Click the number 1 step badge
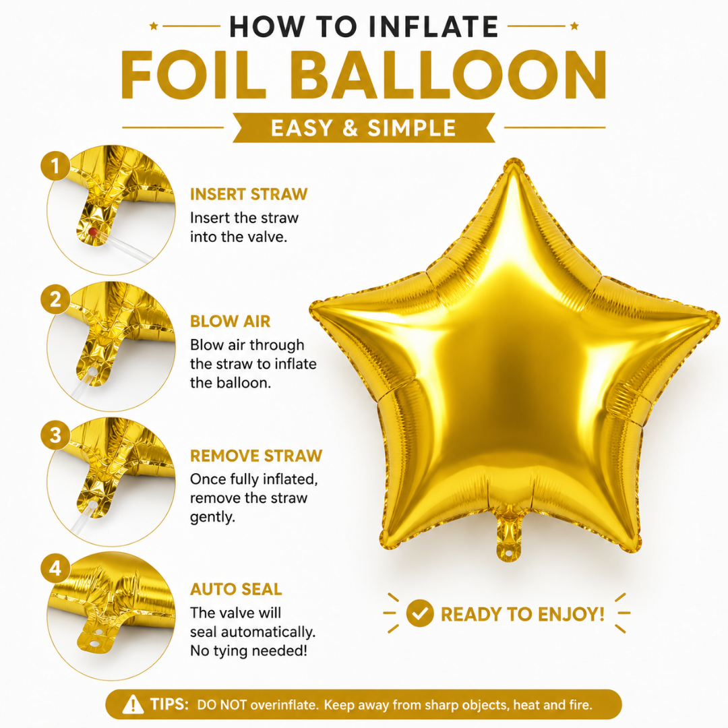click(x=55, y=166)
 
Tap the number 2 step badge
click(x=55, y=299)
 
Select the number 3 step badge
click(x=55, y=435)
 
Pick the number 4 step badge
click(x=55, y=568)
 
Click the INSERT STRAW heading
click(x=249, y=194)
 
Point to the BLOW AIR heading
click(x=231, y=322)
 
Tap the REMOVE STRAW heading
click(x=256, y=456)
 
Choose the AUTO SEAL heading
click(x=236, y=589)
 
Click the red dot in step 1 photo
click(x=93, y=231)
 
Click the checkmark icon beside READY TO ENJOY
click(x=420, y=613)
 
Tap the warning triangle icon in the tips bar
click(x=133, y=704)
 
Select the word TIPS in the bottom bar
click(x=169, y=704)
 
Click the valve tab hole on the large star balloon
click(x=510, y=553)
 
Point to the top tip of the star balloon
click(x=514, y=160)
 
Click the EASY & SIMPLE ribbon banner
click(x=363, y=127)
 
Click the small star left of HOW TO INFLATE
click(x=154, y=26)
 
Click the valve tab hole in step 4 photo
click(x=95, y=644)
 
